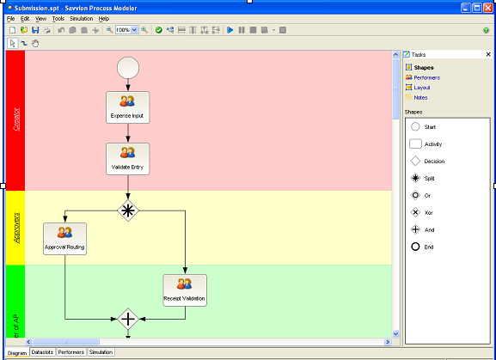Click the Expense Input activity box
(x=128, y=107)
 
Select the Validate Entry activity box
(x=128, y=159)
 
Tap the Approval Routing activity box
(x=64, y=239)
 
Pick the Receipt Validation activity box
(x=185, y=290)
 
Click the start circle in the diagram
(x=128, y=68)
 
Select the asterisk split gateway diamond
(x=128, y=211)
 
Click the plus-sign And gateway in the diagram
(x=128, y=320)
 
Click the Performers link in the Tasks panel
(x=426, y=77)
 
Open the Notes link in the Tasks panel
(x=420, y=98)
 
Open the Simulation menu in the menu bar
(x=82, y=19)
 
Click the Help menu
(x=104, y=19)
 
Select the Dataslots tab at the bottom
(x=42, y=351)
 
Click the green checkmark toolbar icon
(x=159, y=30)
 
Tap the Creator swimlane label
(x=16, y=119)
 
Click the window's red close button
(x=488, y=8)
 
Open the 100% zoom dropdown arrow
(x=134, y=30)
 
